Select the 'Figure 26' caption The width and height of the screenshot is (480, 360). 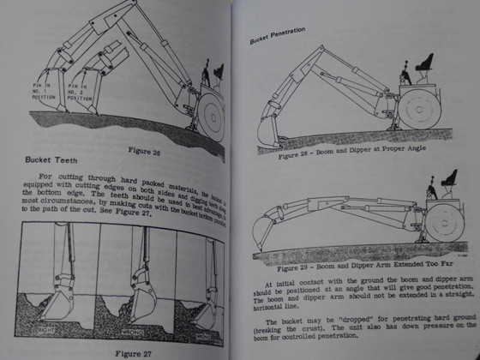(x=143, y=151)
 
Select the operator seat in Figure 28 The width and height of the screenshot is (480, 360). (x=423, y=63)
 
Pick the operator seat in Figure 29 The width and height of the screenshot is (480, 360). (x=446, y=181)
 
